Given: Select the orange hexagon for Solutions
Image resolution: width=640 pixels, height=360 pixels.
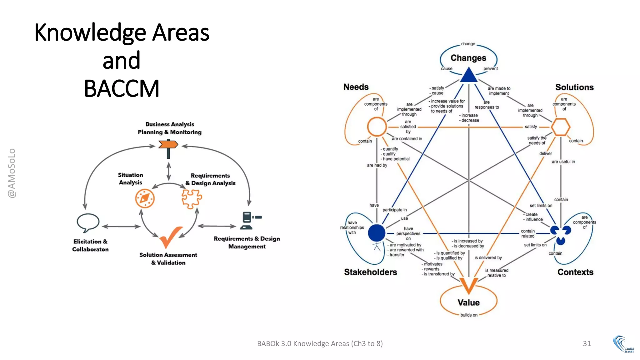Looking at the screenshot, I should point(561,127).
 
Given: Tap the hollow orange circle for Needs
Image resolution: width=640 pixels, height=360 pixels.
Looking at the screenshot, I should point(377,127).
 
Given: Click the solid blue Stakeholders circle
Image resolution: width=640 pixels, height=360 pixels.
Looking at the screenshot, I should point(377,233).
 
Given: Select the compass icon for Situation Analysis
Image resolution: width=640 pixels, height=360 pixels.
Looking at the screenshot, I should point(145,198).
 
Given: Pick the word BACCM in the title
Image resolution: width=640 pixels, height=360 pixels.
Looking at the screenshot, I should point(122,88).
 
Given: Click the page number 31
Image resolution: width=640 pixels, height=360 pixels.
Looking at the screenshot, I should point(587,343).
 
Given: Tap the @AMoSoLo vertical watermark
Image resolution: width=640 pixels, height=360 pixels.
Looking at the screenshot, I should point(12,173).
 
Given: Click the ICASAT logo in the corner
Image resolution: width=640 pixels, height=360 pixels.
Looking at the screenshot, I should point(623,344).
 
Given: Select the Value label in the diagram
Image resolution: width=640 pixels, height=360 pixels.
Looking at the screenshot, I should point(468,302).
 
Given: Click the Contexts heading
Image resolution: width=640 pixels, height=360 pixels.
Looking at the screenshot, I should point(575,272).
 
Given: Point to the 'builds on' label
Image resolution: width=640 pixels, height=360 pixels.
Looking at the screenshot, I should point(469,315).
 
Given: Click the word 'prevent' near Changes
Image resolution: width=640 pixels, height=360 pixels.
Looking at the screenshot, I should point(490,69).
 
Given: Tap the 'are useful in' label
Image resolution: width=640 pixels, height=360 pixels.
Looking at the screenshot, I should point(563,162).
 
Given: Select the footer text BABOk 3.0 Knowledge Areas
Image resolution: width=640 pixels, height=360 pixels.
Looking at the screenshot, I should point(320,343).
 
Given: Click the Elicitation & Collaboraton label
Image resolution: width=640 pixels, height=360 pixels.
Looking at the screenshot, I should point(90,245).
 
